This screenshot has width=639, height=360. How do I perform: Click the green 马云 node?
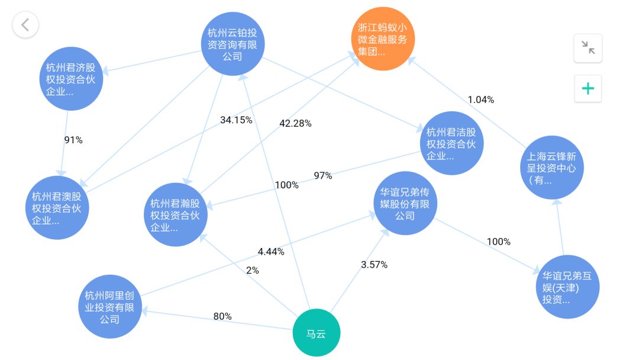[x=316, y=333]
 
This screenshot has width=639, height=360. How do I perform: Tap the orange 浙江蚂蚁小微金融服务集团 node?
[x=383, y=39]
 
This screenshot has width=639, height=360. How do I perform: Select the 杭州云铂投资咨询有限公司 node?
[x=233, y=44]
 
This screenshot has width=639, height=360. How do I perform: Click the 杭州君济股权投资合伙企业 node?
[x=71, y=79]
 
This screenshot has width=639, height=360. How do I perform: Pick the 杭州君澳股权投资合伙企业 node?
[x=57, y=208]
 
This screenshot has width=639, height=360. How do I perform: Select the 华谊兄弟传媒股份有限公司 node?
[x=405, y=204]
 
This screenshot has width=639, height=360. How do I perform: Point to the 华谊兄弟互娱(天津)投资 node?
[x=568, y=287]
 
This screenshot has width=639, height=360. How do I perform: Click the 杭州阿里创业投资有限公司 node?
[x=110, y=306]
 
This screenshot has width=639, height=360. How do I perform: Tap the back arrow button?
[x=25, y=25]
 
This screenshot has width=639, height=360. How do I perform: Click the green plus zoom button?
[x=588, y=89]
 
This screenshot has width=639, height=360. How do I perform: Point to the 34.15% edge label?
[x=236, y=120]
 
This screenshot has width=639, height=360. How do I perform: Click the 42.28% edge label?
[x=295, y=123]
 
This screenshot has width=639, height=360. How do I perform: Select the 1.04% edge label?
[x=480, y=99]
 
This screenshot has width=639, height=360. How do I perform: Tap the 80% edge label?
[x=222, y=316]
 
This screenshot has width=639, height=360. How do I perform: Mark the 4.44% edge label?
[x=271, y=252]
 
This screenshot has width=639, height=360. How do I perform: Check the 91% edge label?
[x=73, y=140]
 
